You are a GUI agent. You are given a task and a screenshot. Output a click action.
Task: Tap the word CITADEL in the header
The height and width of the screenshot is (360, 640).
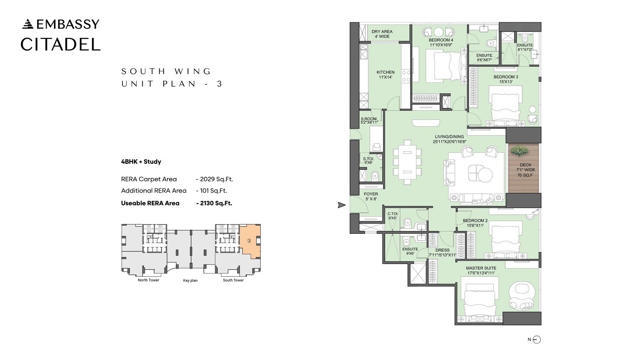point(60,44)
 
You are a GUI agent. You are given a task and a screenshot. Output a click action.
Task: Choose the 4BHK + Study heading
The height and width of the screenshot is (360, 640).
point(141,161)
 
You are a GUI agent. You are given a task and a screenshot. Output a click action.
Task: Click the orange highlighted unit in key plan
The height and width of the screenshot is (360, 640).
point(250,241)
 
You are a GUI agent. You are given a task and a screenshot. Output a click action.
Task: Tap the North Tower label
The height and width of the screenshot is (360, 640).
point(149,280)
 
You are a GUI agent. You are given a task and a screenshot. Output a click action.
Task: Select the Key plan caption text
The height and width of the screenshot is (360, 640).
point(190,280)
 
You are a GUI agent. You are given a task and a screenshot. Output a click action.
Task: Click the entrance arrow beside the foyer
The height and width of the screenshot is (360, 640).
point(341,205)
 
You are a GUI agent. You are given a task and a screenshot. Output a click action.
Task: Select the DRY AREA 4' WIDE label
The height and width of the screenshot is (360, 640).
point(382,34)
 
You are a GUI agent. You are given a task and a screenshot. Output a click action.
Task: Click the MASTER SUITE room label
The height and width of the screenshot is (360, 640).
point(481,270)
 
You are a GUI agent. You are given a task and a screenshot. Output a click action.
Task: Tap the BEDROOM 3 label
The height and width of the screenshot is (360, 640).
point(506,80)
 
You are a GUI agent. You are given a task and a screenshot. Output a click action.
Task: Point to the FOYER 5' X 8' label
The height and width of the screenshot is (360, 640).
point(371,196)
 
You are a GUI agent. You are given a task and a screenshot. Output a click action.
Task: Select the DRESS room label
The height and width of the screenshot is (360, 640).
point(443,253)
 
